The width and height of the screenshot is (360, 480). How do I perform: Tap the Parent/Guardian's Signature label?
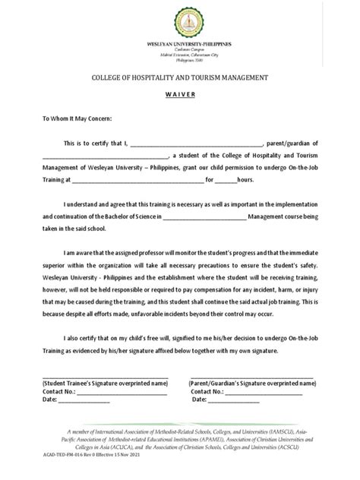[x=250, y=384]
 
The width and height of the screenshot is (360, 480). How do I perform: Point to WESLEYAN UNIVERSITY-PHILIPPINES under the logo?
[x=179, y=45]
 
